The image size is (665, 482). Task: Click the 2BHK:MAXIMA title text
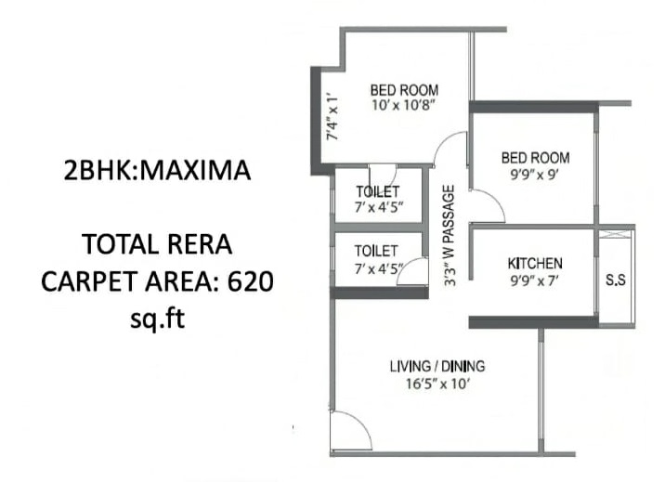click(157, 172)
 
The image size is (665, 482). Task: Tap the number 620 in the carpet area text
click(249, 281)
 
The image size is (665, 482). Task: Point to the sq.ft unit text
click(157, 319)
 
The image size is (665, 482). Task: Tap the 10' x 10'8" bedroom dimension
click(403, 106)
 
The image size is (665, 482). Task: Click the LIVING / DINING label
click(436, 366)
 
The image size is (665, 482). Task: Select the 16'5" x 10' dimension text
click(436, 383)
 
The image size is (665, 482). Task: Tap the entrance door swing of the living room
click(347, 430)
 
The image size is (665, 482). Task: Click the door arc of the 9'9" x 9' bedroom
click(488, 205)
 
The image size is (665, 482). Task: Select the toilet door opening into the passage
click(417, 272)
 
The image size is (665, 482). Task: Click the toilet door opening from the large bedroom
click(382, 176)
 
